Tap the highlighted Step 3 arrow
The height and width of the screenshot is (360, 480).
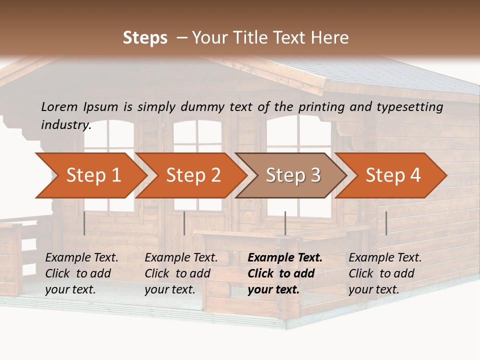293,175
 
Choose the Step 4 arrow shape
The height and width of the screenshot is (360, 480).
393,175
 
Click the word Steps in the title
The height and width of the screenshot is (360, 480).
145,38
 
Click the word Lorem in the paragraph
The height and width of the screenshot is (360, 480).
59,106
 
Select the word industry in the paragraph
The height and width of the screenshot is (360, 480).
65,124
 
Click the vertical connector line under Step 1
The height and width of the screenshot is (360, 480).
84,223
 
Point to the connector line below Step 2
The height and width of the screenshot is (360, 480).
184,223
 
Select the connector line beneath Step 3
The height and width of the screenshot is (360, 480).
285,223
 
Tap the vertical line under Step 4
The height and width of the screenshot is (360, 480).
386,223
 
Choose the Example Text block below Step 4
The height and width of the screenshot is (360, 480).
385,273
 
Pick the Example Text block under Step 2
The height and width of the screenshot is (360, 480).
181,273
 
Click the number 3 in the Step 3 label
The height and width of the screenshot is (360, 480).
315,175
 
